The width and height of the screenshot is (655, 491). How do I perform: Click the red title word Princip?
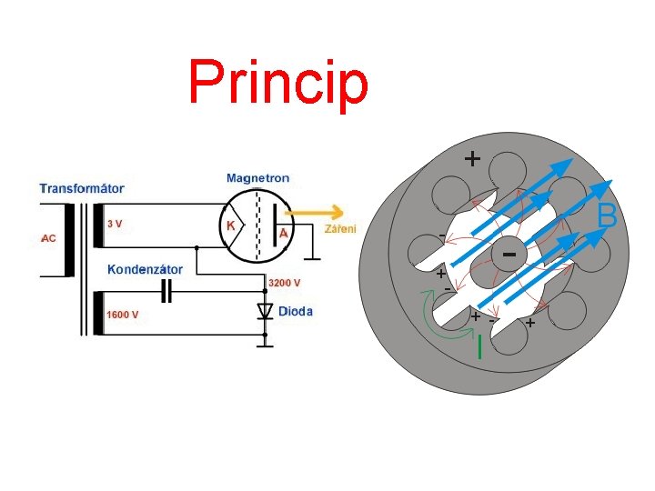(x=278, y=83)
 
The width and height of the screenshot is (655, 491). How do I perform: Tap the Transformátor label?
(x=82, y=189)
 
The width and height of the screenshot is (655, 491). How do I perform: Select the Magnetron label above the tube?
(x=258, y=177)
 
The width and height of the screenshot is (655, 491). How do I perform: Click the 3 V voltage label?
(x=116, y=223)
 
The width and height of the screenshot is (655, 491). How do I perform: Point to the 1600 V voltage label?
(x=123, y=315)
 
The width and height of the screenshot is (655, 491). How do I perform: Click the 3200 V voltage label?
(x=283, y=281)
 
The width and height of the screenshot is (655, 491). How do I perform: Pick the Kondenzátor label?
(x=145, y=269)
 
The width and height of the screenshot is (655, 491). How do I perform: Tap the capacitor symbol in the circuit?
(x=166, y=291)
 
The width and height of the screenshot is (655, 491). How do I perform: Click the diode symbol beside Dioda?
(x=265, y=312)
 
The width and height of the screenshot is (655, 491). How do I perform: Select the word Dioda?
(x=296, y=311)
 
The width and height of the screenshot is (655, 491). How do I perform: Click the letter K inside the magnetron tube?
(x=231, y=225)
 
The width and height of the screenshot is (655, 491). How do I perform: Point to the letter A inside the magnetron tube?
(x=284, y=233)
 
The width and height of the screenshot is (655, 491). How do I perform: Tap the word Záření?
(x=340, y=228)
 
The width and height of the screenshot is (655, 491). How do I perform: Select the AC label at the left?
(x=48, y=238)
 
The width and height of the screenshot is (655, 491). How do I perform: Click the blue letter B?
(x=608, y=216)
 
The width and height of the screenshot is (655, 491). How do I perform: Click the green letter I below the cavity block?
(x=479, y=346)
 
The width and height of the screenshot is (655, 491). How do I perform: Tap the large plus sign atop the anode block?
(x=472, y=158)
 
